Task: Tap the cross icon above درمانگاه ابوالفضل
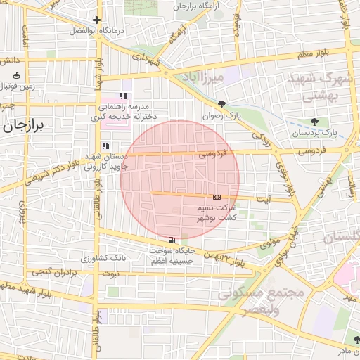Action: click(97, 20)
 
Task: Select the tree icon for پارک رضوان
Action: click(223, 104)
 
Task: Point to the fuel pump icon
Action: click(173, 239)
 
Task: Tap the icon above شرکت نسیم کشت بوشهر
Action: click(217, 198)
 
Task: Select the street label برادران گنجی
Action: click(50, 271)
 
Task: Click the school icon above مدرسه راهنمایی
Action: click(123, 96)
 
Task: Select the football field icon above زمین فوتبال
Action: click(17, 75)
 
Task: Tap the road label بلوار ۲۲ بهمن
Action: click(225, 260)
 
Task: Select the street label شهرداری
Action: click(148, 61)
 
